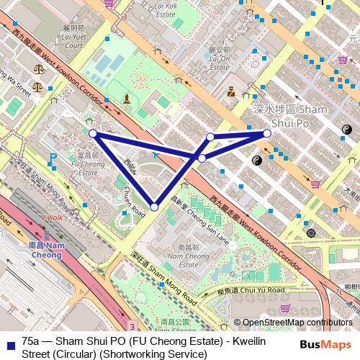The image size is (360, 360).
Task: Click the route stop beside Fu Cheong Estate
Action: pos(93,132)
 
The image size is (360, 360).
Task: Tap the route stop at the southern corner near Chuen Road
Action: pos(154,207)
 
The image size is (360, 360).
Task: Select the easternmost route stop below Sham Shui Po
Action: pos(267,132)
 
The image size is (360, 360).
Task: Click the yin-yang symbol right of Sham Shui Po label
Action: pos(345,129)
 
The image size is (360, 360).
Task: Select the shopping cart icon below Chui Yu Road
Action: pos(287,308)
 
